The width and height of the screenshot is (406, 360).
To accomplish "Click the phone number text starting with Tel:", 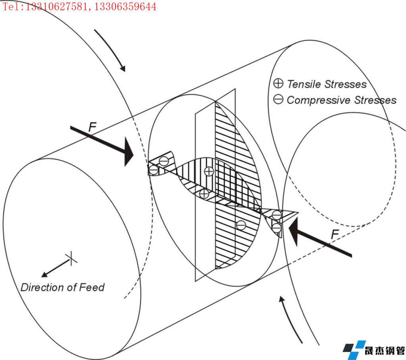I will pyautogui.click(x=79, y=7).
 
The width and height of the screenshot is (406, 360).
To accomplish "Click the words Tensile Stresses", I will pyautogui.click(x=326, y=84).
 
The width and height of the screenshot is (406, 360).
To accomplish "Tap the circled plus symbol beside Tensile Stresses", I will pyautogui.click(x=279, y=84).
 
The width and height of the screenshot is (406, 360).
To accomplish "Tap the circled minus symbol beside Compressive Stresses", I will pyautogui.click(x=279, y=100).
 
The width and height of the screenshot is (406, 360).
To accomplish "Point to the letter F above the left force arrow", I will pyautogui.click(x=92, y=127).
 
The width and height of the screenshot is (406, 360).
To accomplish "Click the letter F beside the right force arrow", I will pyautogui.click(x=335, y=235).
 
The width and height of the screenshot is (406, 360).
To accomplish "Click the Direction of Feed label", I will pyautogui.click(x=62, y=287).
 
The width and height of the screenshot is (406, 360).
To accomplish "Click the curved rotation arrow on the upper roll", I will pyautogui.click(x=111, y=50).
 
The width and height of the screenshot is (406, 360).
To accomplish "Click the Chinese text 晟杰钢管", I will pyautogui.click(x=385, y=351).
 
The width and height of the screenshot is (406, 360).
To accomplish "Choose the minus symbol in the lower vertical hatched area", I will pyautogui.click(x=241, y=225).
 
